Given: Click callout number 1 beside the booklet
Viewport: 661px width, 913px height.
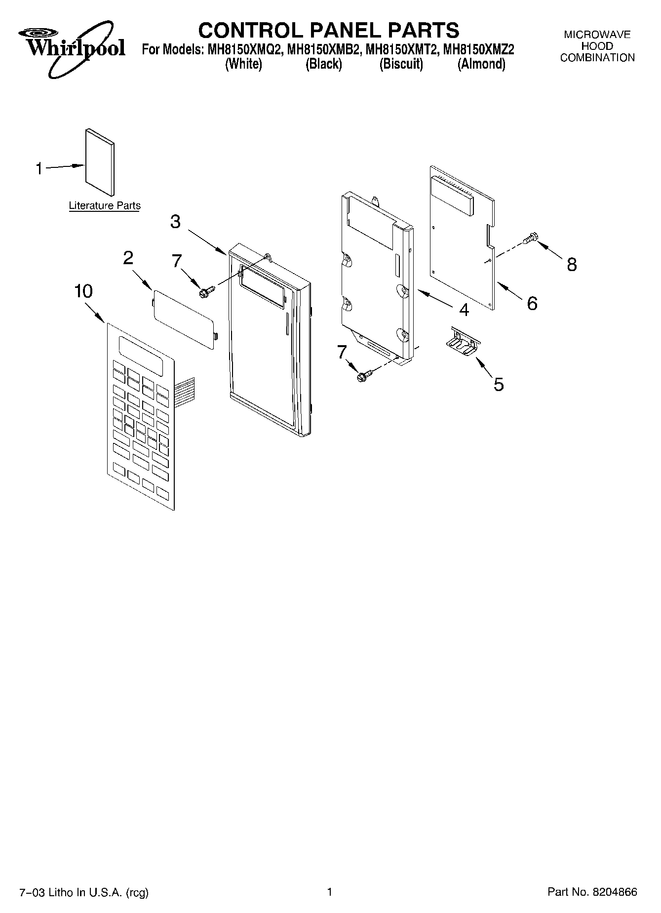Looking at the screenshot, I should (39, 169).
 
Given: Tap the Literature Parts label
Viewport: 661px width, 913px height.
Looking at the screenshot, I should (105, 206).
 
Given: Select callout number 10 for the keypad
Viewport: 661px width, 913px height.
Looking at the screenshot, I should (83, 291).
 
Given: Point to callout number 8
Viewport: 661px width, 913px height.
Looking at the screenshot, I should (572, 265).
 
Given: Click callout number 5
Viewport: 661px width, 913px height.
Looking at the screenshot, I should (499, 384).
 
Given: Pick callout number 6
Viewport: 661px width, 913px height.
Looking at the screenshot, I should (532, 303).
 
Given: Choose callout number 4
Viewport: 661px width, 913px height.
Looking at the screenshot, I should (464, 310).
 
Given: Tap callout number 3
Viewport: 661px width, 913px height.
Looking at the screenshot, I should (175, 222).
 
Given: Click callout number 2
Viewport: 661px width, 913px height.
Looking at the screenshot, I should (128, 257).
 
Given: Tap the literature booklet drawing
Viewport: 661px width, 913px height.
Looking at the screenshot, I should (100, 161).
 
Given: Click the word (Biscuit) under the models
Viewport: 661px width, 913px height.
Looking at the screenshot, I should (401, 65).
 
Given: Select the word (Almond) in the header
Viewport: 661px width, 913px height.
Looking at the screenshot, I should (481, 65).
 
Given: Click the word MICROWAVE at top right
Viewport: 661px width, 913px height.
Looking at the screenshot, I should (597, 35).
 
